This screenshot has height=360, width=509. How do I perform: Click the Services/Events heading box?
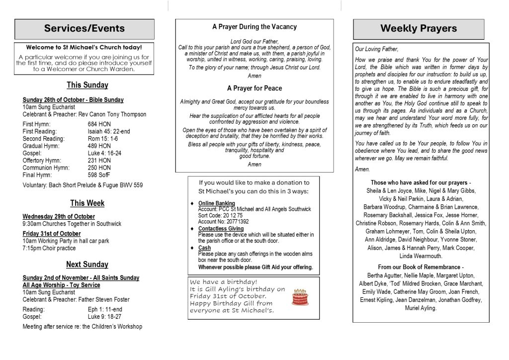pos(85,29)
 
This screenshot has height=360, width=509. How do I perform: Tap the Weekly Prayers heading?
pos(419,29)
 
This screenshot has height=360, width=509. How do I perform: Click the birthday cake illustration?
pos(300,297)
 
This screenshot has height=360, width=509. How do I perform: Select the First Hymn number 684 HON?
pos(99,124)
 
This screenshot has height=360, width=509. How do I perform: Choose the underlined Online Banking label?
pos(217,203)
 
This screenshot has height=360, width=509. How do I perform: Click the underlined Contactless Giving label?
pos(221,229)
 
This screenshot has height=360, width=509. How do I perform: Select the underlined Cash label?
pos(204,248)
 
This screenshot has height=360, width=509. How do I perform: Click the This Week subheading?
pos(87,203)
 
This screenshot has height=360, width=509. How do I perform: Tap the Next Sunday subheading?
pos(87,264)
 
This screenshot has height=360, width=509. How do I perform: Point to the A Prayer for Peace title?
pos(254,88)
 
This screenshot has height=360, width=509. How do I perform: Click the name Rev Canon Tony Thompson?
pos(116,114)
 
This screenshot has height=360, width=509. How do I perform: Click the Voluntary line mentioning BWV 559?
pos(83,185)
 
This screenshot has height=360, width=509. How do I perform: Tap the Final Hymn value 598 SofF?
pos(99,175)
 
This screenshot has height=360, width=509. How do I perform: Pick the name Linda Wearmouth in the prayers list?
pos(421,256)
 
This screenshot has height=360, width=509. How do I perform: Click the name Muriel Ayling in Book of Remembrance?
pos(421,308)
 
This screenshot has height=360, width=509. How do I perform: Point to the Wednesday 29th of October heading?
pos(59,216)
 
